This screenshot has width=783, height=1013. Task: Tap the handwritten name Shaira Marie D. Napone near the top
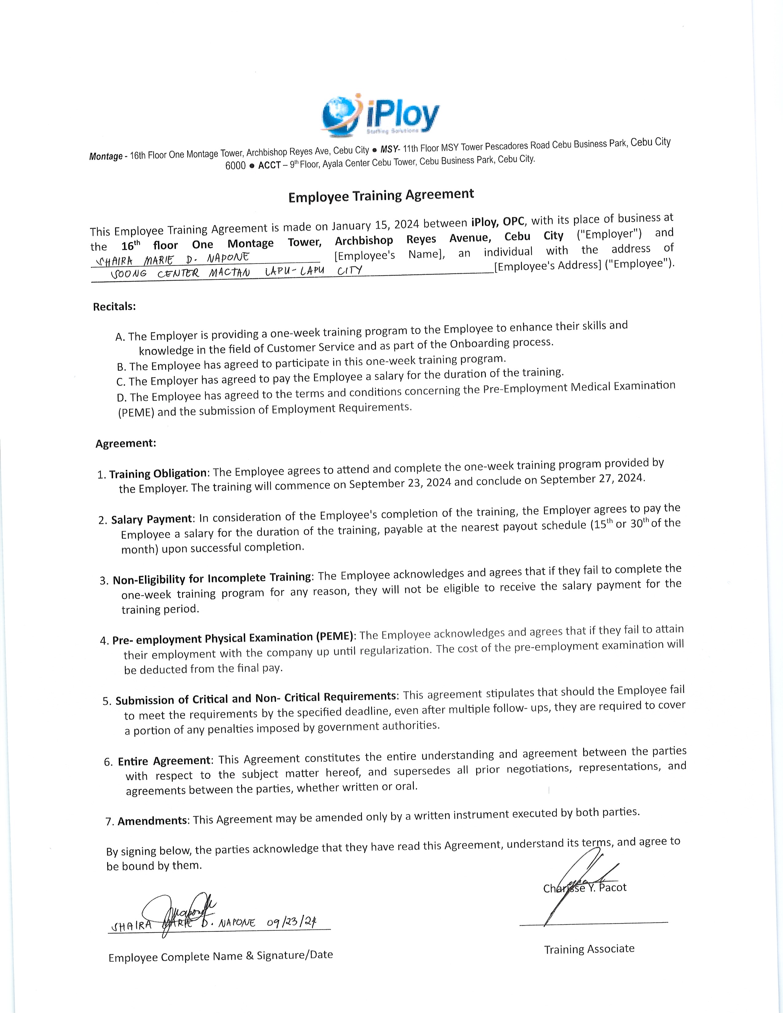pyautogui.click(x=172, y=258)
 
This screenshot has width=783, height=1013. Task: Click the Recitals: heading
pyautogui.click(x=114, y=307)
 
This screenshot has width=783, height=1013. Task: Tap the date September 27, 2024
pyautogui.click(x=592, y=479)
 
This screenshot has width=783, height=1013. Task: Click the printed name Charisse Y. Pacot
pyautogui.click(x=584, y=888)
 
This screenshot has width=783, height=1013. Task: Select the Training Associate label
pyautogui.click(x=589, y=949)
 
